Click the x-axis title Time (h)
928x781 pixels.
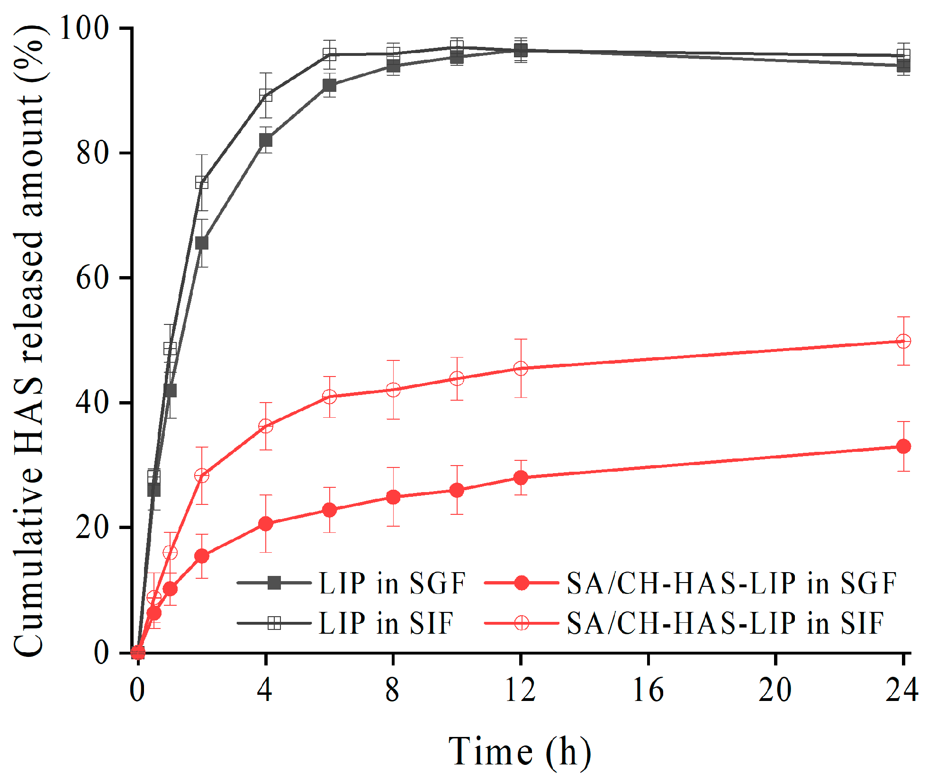coord(520,752)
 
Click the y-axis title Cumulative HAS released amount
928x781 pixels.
coord(29,341)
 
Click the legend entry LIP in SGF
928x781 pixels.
coord(392,583)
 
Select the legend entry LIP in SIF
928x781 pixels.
coord(386,623)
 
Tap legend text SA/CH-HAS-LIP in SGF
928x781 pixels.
coord(731,583)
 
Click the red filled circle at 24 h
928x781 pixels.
coord(903,446)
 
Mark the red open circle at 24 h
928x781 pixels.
coord(903,341)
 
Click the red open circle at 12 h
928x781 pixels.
coord(521,368)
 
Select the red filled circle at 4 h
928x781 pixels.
coord(266,524)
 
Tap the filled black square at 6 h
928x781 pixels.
coord(329,85)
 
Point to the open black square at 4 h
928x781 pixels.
coord(266,96)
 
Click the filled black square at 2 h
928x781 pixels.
coord(202,243)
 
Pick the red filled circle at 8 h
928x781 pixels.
coord(393,497)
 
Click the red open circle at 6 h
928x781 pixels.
coord(329,397)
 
